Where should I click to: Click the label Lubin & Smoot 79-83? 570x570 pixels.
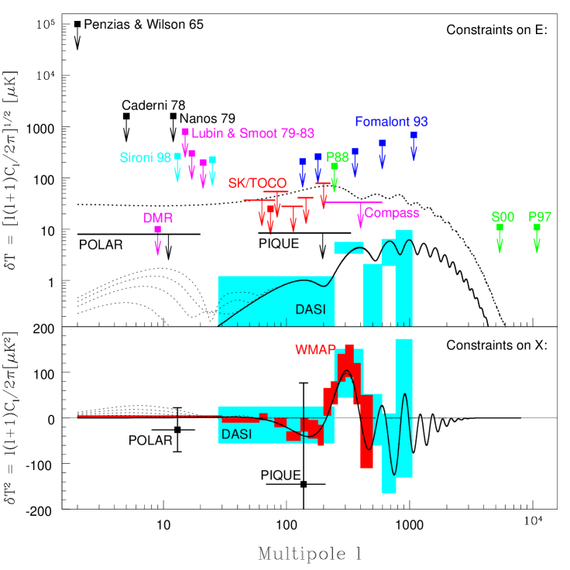[x=252, y=133]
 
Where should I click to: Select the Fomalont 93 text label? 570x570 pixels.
[x=391, y=122]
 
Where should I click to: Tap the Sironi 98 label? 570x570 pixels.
[x=145, y=158]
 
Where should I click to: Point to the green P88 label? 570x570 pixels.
[x=338, y=156]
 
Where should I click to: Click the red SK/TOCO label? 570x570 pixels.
[x=257, y=184]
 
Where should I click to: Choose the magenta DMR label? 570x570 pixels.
[x=158, y=218]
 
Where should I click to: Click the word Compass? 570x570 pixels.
[x=392, y=213]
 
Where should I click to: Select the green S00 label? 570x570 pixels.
[x=503, y=217]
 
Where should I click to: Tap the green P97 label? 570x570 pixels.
[x=540, y=217]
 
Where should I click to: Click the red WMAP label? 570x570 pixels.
[x=315, y=349]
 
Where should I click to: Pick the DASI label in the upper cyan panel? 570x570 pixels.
[x=311, y=310]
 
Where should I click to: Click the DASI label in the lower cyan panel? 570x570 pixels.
[x=236, y=434]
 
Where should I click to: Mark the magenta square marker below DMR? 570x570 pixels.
[x=158, y=229]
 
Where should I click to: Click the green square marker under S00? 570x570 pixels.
[x=500, y=228]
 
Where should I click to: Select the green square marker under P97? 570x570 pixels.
[x=537, y=228]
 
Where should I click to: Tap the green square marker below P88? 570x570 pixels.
[x=335, y=167]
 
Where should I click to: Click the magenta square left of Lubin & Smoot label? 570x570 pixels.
[x=185, y=132]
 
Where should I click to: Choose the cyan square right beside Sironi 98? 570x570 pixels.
[x=177, y=156]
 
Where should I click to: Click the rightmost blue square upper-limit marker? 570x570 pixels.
[x=414, y=135]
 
